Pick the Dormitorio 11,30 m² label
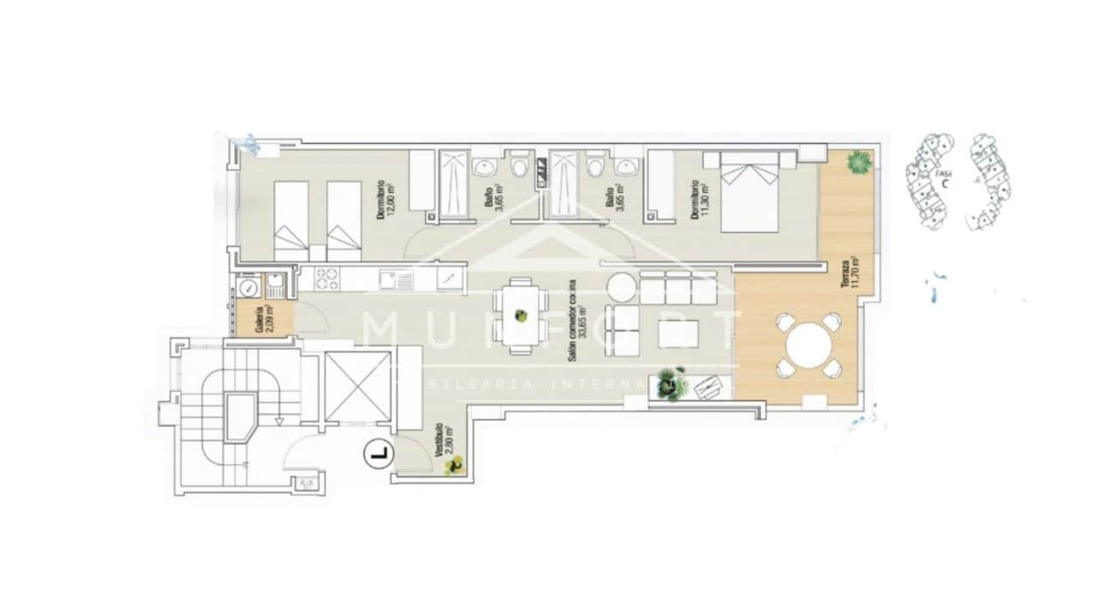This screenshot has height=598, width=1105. pos(702,200)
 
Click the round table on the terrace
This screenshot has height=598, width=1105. pos(809,345)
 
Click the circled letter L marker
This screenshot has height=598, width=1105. pos(377,452)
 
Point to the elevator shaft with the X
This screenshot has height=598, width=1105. pos(357,386)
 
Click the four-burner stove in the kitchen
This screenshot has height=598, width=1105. pos(326,278)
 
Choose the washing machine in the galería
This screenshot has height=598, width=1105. pos(248,285)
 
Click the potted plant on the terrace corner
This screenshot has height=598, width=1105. pos(857,161)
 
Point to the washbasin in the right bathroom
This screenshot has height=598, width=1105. pos(628,165)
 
